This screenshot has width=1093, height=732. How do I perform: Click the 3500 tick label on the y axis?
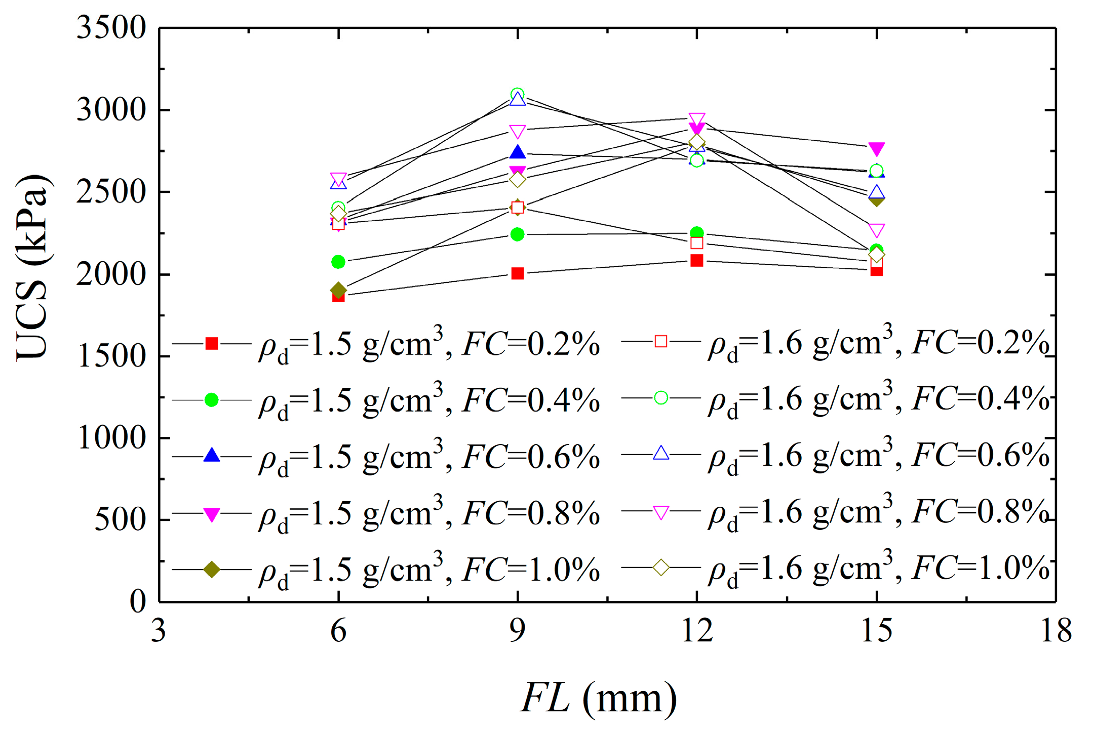(111, 28)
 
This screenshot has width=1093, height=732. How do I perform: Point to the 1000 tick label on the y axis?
(111, 438)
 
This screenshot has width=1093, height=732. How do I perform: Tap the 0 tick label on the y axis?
(137, 602)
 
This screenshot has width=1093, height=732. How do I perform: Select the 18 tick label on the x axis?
(1056, 631)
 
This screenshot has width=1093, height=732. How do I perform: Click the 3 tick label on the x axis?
(159, 631)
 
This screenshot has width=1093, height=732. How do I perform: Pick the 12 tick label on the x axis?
(697, 631)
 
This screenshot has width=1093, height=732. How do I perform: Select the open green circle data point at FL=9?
(517, 94)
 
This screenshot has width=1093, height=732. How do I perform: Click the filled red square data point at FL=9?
(517, 273)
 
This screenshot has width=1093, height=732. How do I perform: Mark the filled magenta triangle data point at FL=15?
(876, 148)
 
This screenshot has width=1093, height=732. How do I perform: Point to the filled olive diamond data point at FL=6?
(338, 290)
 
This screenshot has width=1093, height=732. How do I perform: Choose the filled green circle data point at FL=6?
(338, 262)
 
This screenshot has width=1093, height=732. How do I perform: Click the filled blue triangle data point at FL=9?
(517, 152)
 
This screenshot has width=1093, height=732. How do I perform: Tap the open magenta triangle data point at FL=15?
(876, 230)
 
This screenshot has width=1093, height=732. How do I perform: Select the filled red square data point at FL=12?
(697, 260)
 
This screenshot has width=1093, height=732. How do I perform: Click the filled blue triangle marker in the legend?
(212, 455)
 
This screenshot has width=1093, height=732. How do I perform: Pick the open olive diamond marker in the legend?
(661, 567)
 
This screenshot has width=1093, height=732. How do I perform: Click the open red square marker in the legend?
(661, 341)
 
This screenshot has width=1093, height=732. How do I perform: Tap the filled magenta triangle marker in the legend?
(212, 514)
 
